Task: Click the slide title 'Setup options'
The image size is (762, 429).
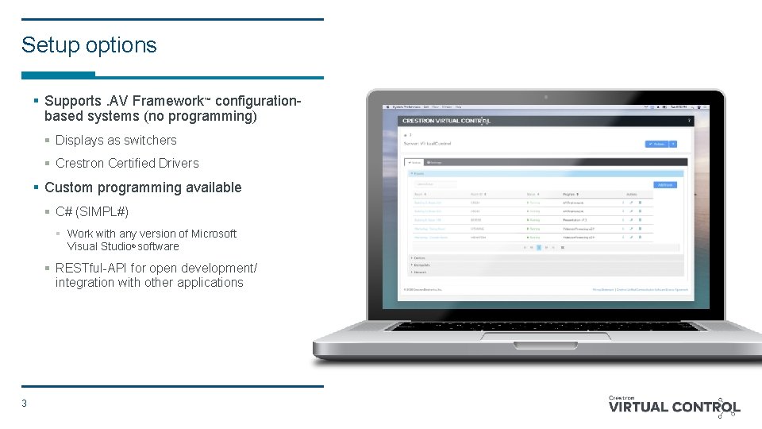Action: click(89, 45)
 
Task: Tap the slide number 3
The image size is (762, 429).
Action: click(25, 404)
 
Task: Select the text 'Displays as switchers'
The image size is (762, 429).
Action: click(116, 141)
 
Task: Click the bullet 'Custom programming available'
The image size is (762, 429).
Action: click(143, 187)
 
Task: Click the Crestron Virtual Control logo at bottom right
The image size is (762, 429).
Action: click(674, 407)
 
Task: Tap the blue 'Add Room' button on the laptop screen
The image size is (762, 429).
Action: click(665, 185)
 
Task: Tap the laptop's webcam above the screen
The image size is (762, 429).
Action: click(545, 97)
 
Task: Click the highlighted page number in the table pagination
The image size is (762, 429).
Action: click(539, 247)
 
